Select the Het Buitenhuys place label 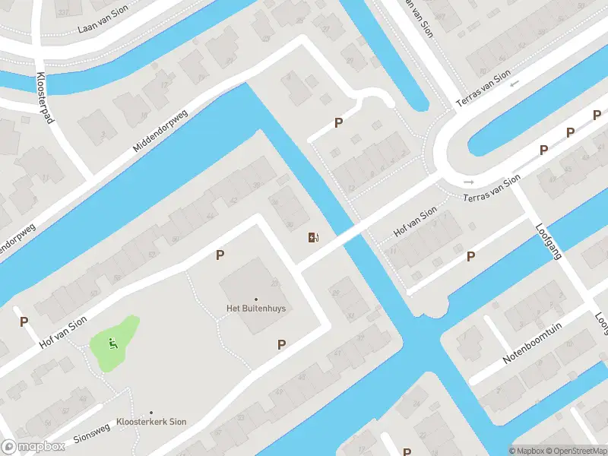[255, 309]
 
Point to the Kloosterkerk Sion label [151, 422]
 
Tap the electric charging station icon [313, 238]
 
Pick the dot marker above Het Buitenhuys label [255, 299]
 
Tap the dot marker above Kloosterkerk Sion [151, 413]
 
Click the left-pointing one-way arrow [515, 84]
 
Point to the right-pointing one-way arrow [468, 182]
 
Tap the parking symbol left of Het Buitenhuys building [220, 255]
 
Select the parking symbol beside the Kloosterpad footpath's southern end [24, 321]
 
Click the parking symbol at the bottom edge [407, 451]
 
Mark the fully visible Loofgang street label [548, 242]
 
